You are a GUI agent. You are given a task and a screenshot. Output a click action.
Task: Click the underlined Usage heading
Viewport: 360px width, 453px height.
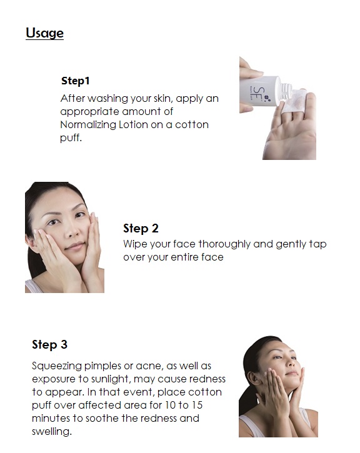tap(44, 33)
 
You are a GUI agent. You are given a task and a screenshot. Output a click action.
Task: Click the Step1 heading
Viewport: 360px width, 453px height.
tap(76, 81)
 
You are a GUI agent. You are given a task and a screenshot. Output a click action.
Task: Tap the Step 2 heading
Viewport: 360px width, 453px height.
tap(141, 228)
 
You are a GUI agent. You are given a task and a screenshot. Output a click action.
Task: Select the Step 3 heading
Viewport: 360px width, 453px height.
tap(50, 344)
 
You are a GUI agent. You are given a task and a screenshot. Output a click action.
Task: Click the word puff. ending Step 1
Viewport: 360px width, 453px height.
tap(71, 138)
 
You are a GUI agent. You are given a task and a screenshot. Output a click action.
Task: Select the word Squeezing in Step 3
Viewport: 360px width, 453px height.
tap(57, 366)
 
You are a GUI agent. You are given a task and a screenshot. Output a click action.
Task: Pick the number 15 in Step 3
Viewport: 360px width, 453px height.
tap(197, 405)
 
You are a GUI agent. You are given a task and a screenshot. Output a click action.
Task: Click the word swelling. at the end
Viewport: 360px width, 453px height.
tap(52, 431)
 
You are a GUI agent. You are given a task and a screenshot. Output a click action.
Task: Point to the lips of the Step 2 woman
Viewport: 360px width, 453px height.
tap(75, 246)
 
